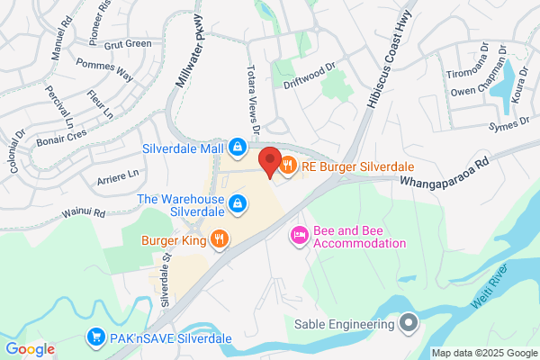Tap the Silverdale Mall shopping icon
coord(237,146)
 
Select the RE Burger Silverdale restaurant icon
coord(288,166)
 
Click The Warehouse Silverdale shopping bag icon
coord(237,205)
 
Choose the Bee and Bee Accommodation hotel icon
coord(299,236)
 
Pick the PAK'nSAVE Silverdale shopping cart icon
coord(95,338)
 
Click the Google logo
coord(30,348)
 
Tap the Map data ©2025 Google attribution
coord(483,353)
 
